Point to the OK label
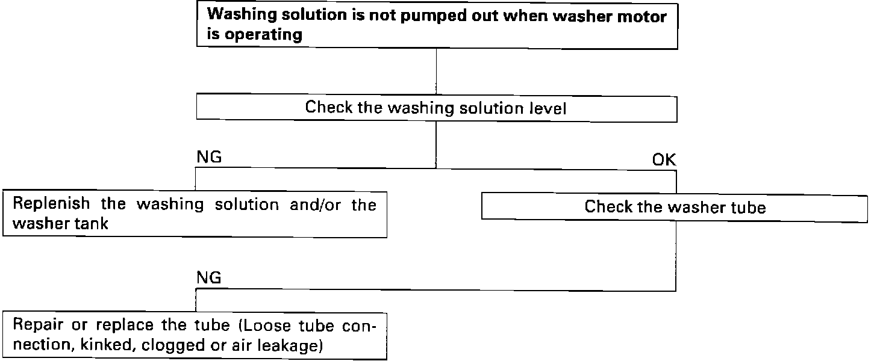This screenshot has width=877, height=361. pos(664,161)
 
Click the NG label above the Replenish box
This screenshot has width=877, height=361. pos(209,158)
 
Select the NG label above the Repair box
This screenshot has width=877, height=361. pos(209,278)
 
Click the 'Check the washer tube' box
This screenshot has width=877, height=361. pos(675,208)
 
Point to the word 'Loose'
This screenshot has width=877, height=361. pos(269,326)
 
